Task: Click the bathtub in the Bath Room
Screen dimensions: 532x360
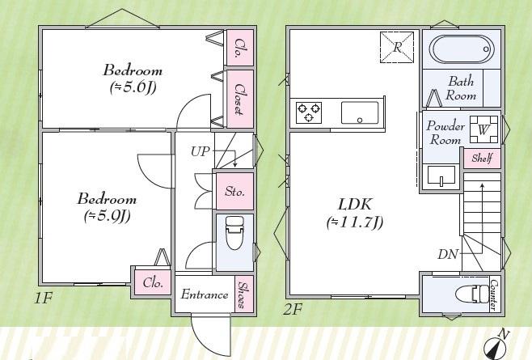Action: click(462, 49)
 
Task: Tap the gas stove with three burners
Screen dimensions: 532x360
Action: click(309, 112)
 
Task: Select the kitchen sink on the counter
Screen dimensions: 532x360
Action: click(360, 112)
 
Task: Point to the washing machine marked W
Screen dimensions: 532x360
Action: click(483, 129)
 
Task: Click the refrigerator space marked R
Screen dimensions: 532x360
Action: click(397, 47)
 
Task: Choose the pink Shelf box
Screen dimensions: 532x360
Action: click(482, 158)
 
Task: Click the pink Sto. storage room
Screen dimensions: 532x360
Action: click(234, 191)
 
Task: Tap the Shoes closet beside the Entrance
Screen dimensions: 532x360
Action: click(244, 294)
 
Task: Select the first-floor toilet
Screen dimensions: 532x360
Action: click(234, 233)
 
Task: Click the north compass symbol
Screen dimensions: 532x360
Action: click(496, 345)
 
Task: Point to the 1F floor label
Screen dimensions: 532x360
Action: click(43, 299)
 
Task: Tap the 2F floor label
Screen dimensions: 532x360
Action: click(293, 309)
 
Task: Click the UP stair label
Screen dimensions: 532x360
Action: click(201, 151)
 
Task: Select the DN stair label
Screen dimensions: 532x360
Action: click(448, 254)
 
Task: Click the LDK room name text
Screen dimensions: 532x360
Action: click(355, 205)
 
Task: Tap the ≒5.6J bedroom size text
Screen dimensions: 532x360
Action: click(133, 88)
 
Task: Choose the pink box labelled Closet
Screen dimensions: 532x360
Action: click(240, 99)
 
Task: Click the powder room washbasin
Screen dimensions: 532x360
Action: click(441, 176)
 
